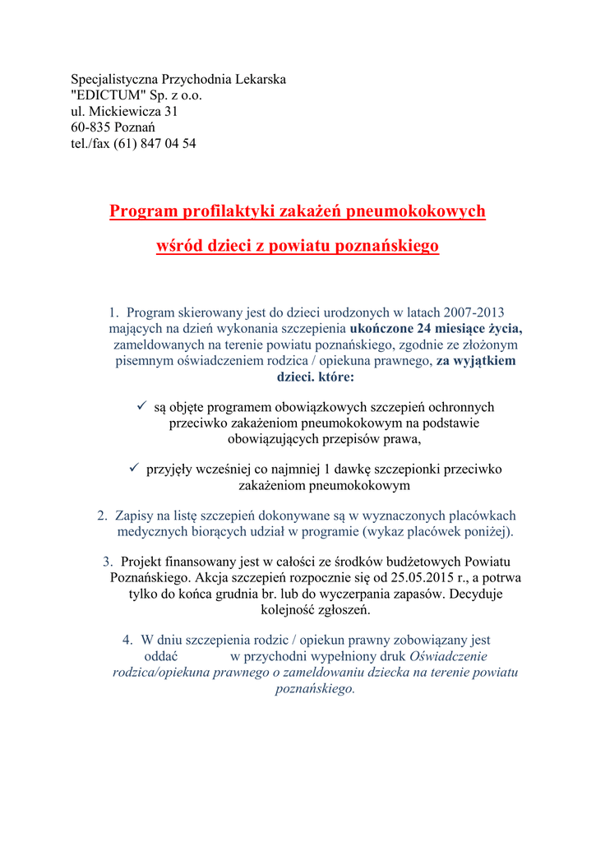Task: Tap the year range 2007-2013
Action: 474,313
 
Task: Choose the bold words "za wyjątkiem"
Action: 476,360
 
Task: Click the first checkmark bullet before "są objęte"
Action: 141,406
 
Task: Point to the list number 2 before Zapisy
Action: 103,516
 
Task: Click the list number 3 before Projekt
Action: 108,562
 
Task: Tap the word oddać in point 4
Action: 161,656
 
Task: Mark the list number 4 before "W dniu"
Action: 127,641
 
